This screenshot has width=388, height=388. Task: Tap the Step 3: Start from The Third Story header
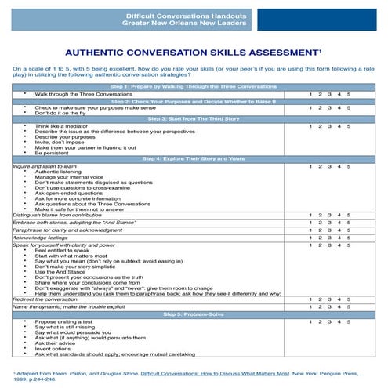pos(193,118)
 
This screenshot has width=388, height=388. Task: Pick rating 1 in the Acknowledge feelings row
pos(310,238)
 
